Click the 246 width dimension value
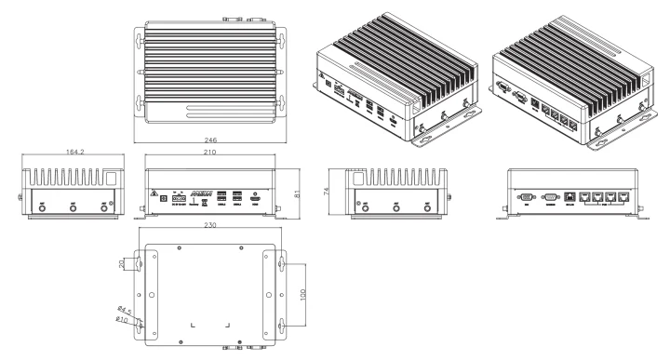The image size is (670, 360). click(213, 140)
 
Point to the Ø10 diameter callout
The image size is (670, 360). click(122, 321)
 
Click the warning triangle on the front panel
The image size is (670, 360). click(154, 194)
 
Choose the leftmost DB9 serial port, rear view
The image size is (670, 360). click(525, 197)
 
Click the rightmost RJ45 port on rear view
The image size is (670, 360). click(623, 197)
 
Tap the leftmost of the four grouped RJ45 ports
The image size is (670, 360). click(584, 197)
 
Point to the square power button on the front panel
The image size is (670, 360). click(165, 197)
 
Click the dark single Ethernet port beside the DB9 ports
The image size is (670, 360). click(569, 197)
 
